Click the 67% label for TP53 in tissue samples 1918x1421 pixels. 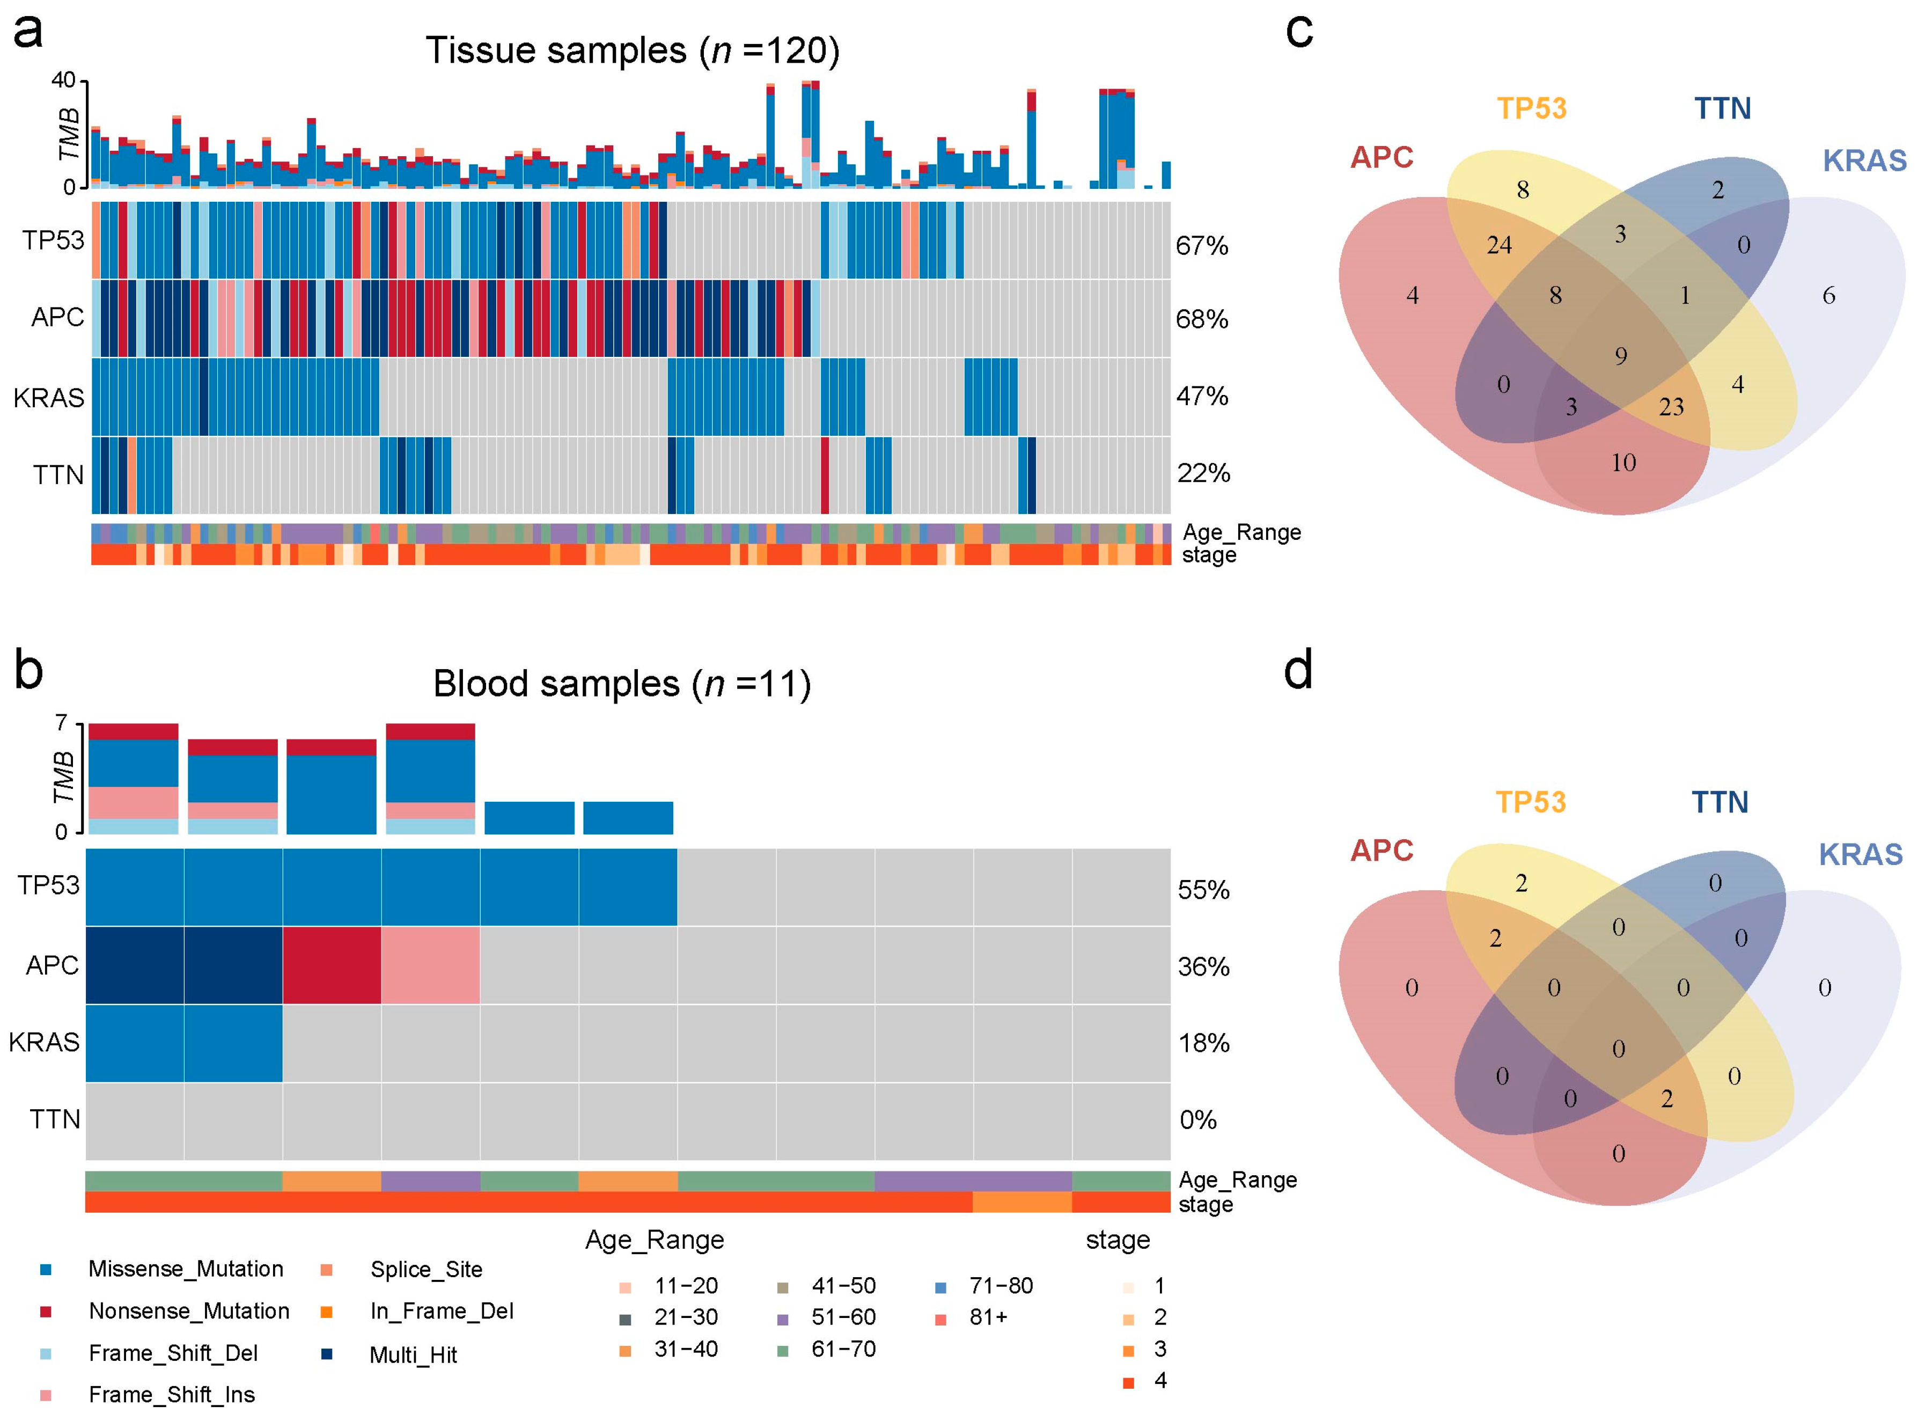(x=1202, y=246)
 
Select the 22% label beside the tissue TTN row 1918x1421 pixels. (x=1203, y=473)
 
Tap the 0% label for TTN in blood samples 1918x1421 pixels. (x=1197, y=1120)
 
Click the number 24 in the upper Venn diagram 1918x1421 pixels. (x=1499, y=246)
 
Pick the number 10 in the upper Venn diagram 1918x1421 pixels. (x=1623, y=463)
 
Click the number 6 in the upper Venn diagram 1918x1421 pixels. (x=1828, y=296)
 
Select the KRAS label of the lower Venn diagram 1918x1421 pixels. (x=1861, y=854)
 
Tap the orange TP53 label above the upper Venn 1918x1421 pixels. (x=1532, y=108)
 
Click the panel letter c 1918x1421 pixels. (x=1299, y=31)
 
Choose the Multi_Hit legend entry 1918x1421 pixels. (x=413, y=1355)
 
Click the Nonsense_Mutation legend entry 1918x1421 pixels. (x=188, y=1311)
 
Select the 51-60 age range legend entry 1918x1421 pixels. (x=843, y=1317)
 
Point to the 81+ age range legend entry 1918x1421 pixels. (x=987, y=1317)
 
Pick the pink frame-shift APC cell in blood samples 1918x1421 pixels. (x=431, y=965)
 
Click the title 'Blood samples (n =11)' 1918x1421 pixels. (x=622, y=684)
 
